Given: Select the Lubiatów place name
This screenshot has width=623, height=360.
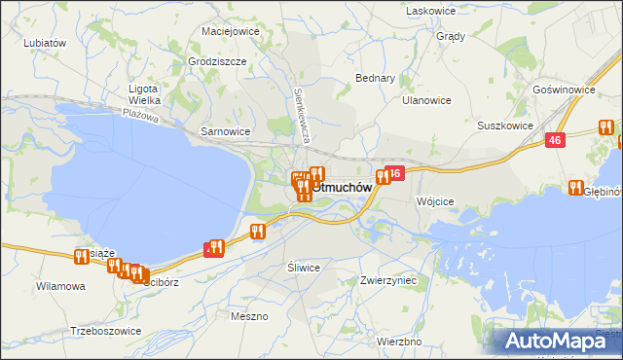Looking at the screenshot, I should click(x=44, y=43).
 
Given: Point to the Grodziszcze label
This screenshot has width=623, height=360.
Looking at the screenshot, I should click(x=217, y=61).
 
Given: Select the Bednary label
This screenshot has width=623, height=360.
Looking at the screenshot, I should click(x=375, y=78).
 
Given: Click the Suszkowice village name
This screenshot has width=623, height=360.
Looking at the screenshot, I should click(x=504, y=126).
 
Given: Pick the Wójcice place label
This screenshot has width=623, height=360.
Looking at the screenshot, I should click(x=435, y=201).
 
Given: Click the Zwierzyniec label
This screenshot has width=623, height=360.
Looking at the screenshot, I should click(x=387, y=279).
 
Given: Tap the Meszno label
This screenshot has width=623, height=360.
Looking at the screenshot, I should click(x=249, y=316).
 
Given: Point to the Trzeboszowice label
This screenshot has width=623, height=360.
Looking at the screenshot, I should click(x=106, y=331).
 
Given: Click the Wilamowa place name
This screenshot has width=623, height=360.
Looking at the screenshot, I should click(x=60, y=287).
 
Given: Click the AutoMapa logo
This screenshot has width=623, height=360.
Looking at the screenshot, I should click(x=559, y=341).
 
